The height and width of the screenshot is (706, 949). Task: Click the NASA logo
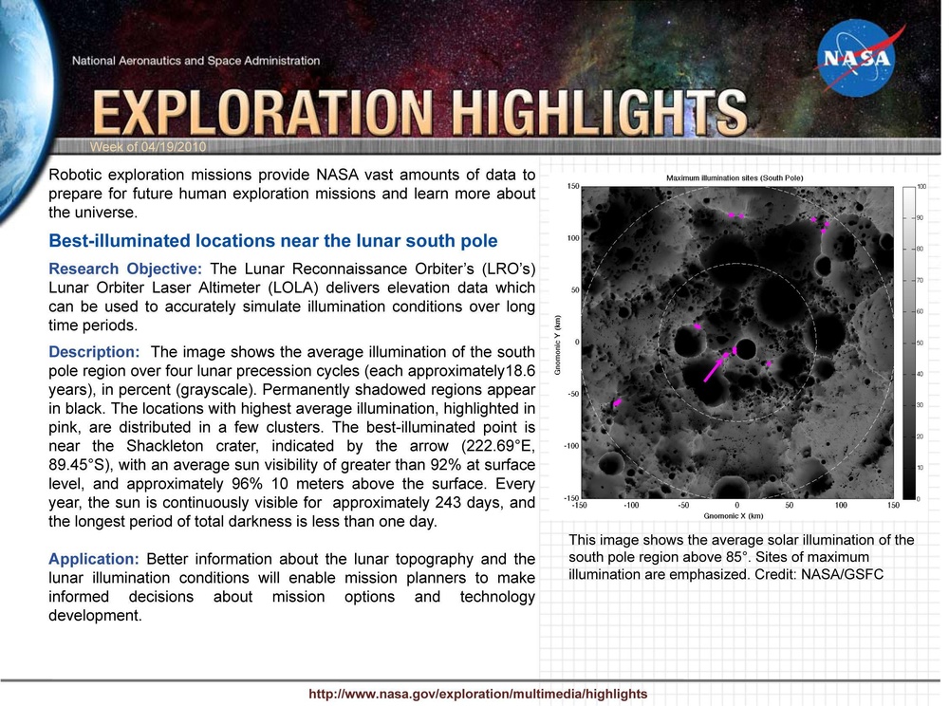point(856,59)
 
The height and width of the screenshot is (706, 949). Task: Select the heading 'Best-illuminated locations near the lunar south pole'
point(272,240)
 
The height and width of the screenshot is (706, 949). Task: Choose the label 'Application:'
point(94,559)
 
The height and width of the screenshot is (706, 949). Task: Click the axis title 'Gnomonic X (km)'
point(734,516)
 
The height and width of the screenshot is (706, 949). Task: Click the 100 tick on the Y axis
point(572,238)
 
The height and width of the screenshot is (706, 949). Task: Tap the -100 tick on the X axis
point(631,506)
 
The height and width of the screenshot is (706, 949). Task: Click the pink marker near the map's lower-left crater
point(617,403)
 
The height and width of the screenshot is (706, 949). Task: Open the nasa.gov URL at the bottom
point(477,694)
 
